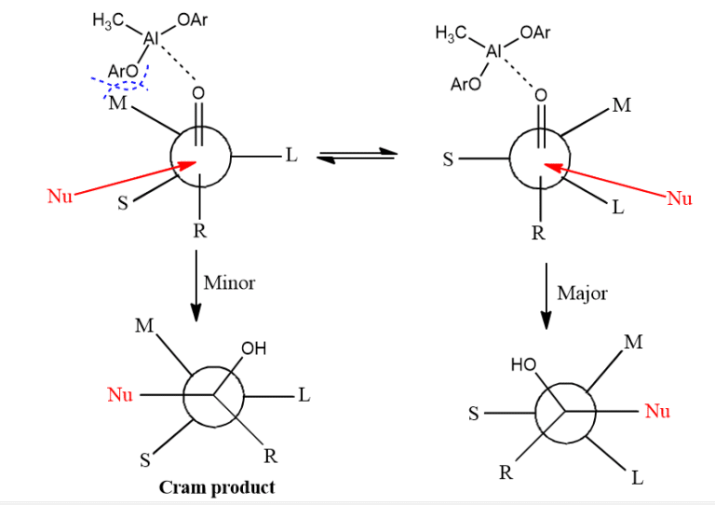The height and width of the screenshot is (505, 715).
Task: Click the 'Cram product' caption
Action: coord(217,487)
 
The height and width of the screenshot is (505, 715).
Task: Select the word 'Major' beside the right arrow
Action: coord(582,293)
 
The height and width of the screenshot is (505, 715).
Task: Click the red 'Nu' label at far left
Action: coord(59,196)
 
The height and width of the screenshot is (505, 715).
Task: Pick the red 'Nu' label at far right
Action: coord(679,198)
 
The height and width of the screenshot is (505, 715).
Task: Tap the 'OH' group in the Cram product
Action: coord(253,349)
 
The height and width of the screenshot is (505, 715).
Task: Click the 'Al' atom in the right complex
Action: coord(494,50)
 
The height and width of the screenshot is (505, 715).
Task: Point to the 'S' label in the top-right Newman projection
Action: coord(447,159)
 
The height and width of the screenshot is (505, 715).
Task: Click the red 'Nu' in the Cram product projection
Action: coord(120,395)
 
